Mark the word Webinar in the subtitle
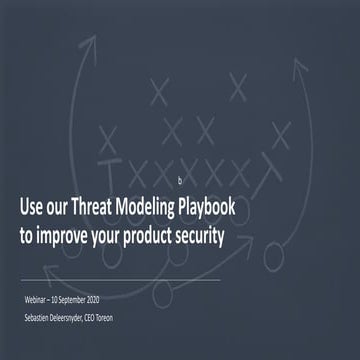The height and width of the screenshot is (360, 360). (41, 301)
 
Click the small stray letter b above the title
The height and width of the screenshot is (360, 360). (181, 180)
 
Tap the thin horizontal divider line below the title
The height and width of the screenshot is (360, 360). (120, 280)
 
